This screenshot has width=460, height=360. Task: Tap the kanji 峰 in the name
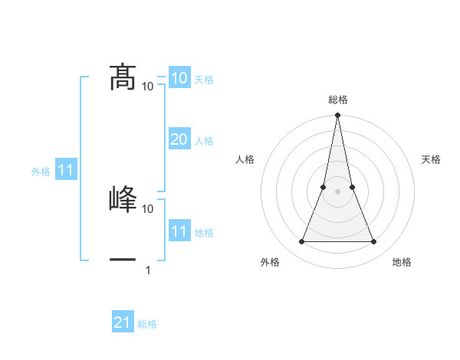[x=123, y=199]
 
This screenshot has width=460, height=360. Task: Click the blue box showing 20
[x=179, y=139]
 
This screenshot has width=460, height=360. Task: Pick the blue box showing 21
[x=122, y=322]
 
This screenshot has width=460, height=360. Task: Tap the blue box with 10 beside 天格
[x=179, y=77]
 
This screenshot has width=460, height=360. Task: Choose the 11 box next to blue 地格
[x=179, y=231]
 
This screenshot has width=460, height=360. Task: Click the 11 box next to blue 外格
[x=65, y=170]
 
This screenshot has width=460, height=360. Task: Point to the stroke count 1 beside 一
[x=148, y=270]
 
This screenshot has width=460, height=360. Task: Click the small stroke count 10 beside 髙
[x=148, y=86]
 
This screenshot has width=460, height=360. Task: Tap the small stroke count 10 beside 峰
[x=148, y=208]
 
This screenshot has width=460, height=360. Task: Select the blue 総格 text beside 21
[x=147, y=324]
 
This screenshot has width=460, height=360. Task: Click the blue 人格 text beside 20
[x=204, y=141]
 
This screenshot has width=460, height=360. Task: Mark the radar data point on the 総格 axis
[x=337, y=116]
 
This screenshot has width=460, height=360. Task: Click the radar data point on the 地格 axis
[x=374, y=242]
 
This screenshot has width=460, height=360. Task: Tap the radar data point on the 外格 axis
[x=301, y=242]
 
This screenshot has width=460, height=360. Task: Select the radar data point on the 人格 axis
[x=324, y=187]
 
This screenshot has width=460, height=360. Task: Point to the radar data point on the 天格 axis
[x=352, y=187]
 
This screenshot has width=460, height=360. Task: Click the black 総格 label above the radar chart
[x=337, y=100]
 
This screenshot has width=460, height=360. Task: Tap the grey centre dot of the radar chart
[x=337, y=191]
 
